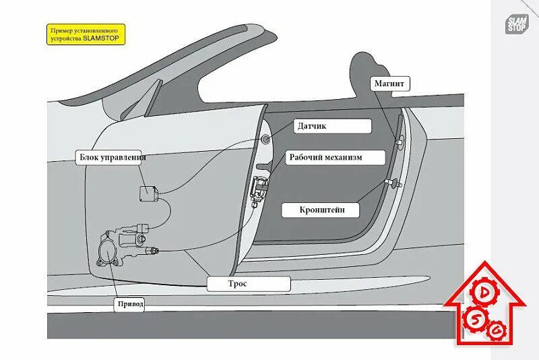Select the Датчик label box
[332, 125]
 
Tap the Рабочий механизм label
[336, 157]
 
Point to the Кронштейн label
[323, 210]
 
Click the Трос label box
[249, 284]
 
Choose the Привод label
[131, 304]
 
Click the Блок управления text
[111, 158]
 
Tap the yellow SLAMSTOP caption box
[86, 34]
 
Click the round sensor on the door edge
[266, 140]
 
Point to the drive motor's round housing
[106, 251]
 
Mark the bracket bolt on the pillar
[391, 182]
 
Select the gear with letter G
[497, 330]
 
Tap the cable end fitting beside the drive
[154, 251]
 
